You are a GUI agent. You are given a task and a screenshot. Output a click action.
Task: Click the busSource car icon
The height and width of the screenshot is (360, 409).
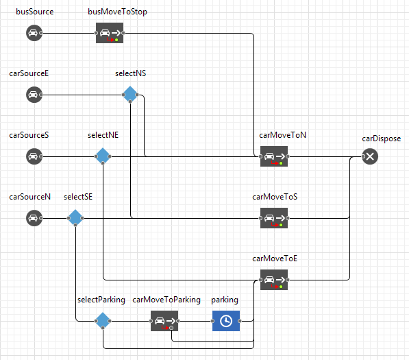(x=34, y=33)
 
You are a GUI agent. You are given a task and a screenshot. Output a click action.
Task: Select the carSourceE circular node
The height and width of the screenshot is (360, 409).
(x=34, y=95)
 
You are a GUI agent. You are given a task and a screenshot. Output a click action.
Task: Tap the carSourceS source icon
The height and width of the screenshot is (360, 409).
(x=34, y=156)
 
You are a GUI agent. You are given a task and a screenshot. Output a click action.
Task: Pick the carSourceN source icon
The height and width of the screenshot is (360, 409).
(x=34, y=218)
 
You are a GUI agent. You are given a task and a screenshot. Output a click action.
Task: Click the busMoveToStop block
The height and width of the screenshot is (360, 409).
(x=110, y=33)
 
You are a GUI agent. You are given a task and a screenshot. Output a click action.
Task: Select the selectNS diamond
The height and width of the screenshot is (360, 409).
(x=130, y=94)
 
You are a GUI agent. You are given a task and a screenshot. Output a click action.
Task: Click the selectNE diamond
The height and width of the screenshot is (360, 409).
(x=103, y=156)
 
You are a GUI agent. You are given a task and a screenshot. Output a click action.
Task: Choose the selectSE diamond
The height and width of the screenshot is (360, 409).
(x=75, y=218)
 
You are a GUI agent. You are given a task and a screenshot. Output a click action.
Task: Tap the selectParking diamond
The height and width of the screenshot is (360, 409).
(x=103, y=321)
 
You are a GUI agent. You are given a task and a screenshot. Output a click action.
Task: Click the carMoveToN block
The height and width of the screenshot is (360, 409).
(x=274, y=156)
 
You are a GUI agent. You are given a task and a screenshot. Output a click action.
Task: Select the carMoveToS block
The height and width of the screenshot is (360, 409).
(x=274, y=218)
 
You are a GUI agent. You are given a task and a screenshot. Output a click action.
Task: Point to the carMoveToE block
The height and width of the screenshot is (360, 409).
(x=274, y=280)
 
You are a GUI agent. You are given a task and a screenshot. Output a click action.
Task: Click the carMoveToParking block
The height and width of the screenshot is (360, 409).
(x=164, y=321)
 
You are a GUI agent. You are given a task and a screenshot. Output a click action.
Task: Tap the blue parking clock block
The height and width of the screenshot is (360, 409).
(x=226, y=321)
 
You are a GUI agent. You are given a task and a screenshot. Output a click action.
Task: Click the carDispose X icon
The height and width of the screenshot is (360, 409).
(x=370, y=156)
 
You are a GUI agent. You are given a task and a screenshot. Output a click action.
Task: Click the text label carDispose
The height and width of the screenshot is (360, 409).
(x=382, y=139)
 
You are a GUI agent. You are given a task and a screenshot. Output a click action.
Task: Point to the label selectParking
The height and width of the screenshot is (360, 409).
(x=101, y=300)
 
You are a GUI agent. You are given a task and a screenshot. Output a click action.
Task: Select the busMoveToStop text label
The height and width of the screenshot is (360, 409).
(x=117, y=12)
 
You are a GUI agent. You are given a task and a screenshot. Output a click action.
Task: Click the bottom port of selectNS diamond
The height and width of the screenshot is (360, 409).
(x=130, y=101)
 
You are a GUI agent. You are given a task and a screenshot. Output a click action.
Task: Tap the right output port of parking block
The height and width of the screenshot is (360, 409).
(x=240, y=321)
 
